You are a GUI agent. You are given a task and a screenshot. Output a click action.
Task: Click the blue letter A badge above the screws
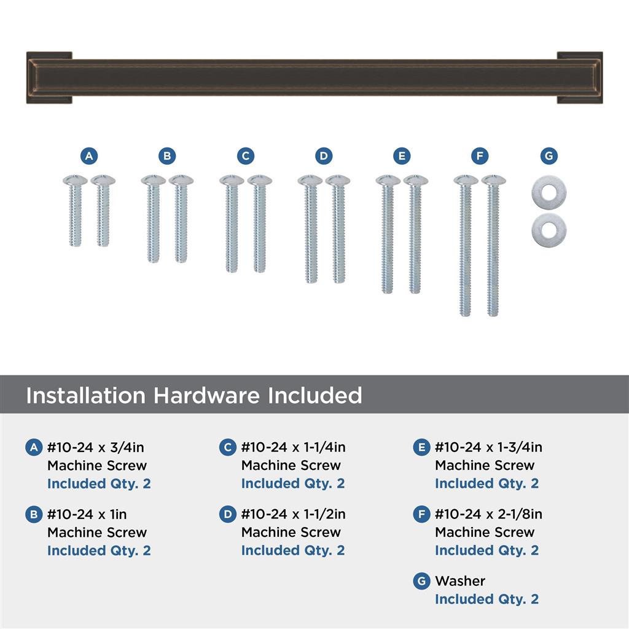point(89,156)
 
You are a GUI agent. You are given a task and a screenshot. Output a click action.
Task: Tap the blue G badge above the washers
point(549,156)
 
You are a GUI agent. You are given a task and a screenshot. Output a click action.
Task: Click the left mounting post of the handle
point(49,77)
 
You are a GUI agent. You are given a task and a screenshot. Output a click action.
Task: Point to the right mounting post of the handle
point(580,77)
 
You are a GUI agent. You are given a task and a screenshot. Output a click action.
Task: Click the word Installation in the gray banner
point(86,395)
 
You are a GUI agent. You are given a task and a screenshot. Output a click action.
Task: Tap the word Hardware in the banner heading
point(207,395)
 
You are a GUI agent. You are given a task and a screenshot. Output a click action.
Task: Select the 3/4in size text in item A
point(127,447)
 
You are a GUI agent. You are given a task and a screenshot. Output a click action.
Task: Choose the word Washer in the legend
point(460,581)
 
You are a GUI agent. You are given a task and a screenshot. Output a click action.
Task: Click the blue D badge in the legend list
point(227,514)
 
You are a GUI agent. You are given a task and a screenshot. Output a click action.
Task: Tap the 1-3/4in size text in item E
point(520,447)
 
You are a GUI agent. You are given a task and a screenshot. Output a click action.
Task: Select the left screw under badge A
point(75,211)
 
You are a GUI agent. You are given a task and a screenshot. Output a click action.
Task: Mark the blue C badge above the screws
point(246,156)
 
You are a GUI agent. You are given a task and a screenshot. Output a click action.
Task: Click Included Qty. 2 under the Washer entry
point(486,600)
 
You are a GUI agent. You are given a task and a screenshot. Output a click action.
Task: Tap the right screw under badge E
point(416,234)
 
